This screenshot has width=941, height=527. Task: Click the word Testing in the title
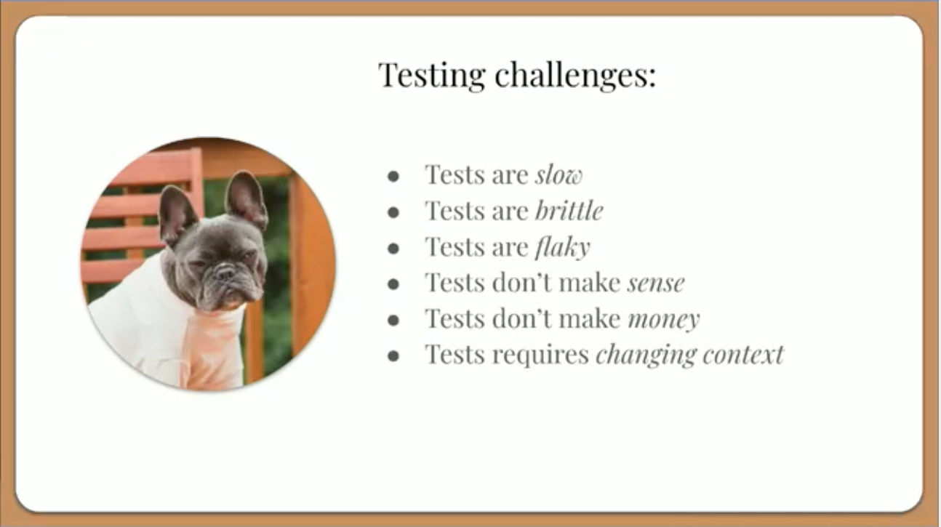pyautogui.click(x=432, y=75)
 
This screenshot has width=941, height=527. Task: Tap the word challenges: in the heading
pyautogui.click(x=575, y=75)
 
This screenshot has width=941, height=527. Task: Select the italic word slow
pyautogui.click(x=558, y=174)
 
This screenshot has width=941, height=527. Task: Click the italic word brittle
pyautogui.click(x=569, y=210)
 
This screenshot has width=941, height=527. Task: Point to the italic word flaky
pyautogui.click(x=563, y=247)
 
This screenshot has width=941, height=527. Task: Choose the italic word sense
pyautogui.click(x=656, y=283)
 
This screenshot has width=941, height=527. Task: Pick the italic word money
pyautogui.click(x=664, y=320)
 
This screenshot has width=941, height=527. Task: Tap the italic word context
pyautogui.click(x=743, y=355)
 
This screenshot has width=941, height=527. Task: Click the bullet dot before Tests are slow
pyautogui.click(x=393, y=177)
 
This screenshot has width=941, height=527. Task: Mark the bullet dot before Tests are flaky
pyautogui.click(x=393, y=249)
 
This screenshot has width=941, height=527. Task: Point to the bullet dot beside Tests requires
pyautogui.click(x=393, y=356)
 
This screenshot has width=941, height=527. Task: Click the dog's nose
pyautogui.click(x=225, y=273)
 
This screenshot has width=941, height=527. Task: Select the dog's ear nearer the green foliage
pyautogui.click(x=247, y=198)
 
